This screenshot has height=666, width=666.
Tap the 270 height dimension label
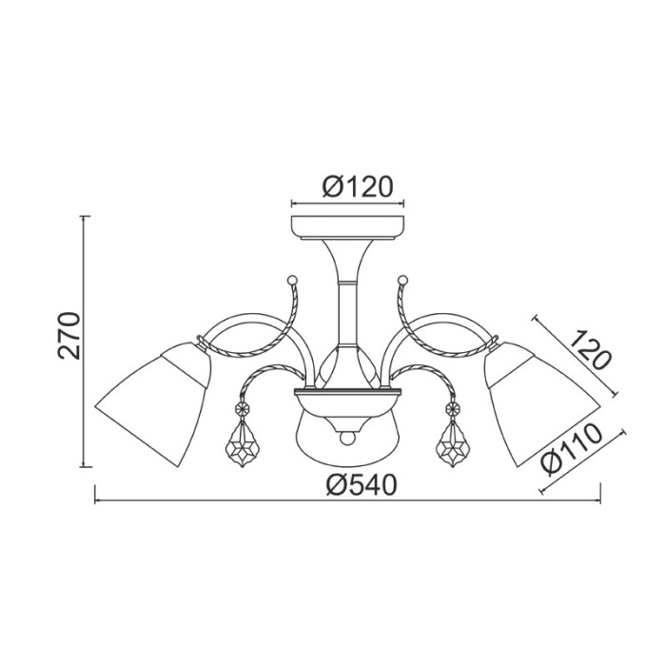click(69, 335)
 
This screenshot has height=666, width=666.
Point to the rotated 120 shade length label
click(590, 350)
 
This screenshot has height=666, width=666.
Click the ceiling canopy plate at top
click(347, 227)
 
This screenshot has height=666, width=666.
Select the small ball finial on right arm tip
click(402, 279)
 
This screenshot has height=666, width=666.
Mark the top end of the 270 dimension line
click(86, 217)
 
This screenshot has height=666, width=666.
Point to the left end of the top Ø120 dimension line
click(290, 203)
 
